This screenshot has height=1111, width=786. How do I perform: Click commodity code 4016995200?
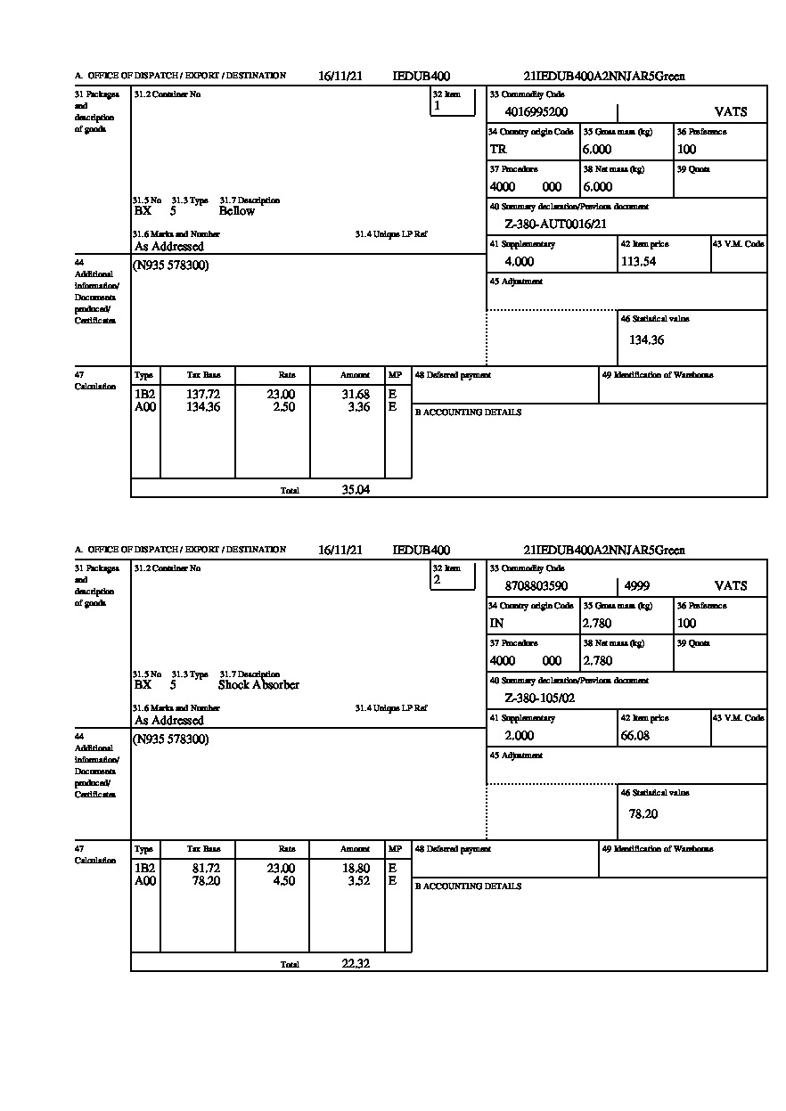(x=536, y=112)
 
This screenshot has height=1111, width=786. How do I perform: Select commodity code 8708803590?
(x=536, y=586)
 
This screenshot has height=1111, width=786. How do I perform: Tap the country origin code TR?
(x=498, y=150)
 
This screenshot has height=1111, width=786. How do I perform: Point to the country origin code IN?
(x=496, y=624)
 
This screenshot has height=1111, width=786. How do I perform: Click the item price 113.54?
(x=637, y=262)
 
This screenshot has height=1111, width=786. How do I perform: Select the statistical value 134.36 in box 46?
(x=646, y=339)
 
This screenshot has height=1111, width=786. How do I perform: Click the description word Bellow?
(x=236, y=211)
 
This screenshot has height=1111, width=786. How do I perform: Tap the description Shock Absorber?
(x=258, y=685)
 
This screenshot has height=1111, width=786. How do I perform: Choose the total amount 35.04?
(x=356, y=489)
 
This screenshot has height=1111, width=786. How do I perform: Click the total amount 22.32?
(x=356, y=963)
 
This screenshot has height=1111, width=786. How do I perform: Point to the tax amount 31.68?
(x=356, y=395)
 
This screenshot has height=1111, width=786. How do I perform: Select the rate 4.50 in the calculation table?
(x=282, y=881)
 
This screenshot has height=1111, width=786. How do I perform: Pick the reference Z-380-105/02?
(x=539, y=698)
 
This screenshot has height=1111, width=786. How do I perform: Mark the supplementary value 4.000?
(x=519, y=262)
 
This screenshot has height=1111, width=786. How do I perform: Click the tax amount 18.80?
(x=356, y=869)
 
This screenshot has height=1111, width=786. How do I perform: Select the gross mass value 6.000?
(x=597, y=150)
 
